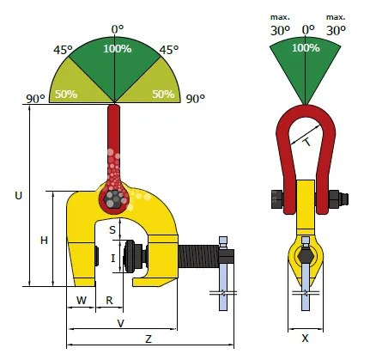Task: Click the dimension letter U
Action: pos(18,196)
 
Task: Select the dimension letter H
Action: pos(44,241)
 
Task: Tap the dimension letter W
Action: pos(82,301)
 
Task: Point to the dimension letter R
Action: pos(109,301)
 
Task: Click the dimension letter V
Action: pos(121,323)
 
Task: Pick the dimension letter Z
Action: pos(149,339)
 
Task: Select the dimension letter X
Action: pos(306,339)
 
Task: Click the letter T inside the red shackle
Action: pos(306,142)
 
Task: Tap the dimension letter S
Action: pos(112,229)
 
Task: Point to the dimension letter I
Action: pos(113,259)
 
